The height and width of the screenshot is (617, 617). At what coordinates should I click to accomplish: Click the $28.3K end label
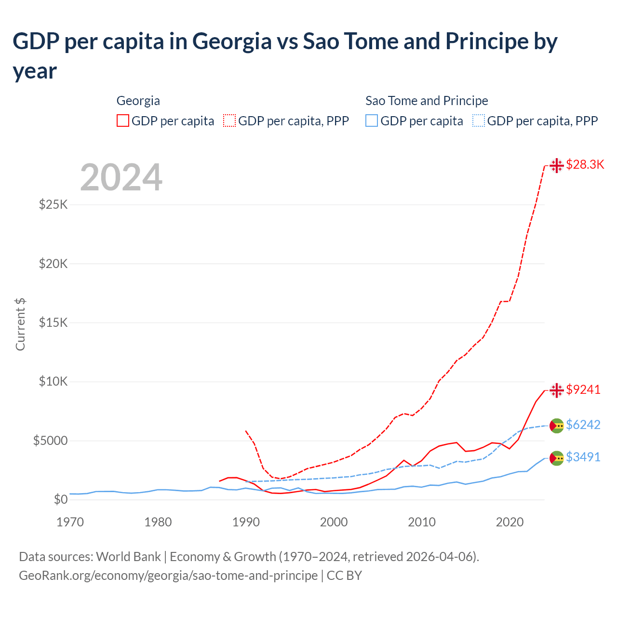point(585,164)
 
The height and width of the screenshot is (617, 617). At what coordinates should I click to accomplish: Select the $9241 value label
point(583,389)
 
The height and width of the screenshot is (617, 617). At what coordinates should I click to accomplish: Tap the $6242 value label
point(583,425)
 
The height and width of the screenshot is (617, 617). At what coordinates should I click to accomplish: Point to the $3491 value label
point(583,457)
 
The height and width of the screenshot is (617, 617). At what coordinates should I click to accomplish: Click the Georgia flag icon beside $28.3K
point(557,165)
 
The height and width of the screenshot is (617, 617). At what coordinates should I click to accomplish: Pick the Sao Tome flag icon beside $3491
point(557,458)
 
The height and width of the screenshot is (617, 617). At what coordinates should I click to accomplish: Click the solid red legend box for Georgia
point(123,121)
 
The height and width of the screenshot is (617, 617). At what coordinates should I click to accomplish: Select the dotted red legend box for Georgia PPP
point(229,121)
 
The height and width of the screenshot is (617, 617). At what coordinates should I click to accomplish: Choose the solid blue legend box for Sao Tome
point(372,121)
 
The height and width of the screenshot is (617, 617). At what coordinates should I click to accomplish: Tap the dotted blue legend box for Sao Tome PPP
point(479,121)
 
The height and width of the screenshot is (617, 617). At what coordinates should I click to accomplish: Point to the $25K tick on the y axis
point(53,204)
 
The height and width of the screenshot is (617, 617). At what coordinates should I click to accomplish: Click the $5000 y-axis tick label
point(50,441)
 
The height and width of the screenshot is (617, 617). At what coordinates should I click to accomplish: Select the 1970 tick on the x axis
point(70,522)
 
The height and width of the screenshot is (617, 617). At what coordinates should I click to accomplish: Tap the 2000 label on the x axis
point(334,522)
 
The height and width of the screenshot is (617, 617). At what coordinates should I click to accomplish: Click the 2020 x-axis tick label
point(510,522)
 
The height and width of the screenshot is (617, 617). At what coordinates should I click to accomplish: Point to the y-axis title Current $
point(20,324)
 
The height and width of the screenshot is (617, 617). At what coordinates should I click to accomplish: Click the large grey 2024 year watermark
point(121,177)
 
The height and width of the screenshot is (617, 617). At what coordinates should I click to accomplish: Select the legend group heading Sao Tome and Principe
point(427,101)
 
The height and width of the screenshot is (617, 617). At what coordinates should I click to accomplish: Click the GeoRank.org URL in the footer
point(168,576)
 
